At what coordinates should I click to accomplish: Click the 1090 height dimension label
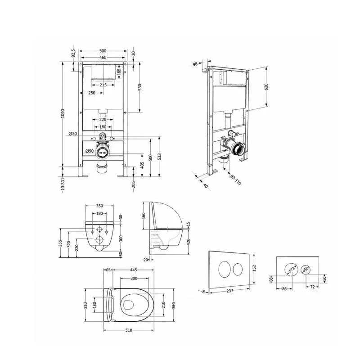(63, 113)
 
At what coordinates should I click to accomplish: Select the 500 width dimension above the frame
(103, 51)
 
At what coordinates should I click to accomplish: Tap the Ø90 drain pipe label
(89, 151)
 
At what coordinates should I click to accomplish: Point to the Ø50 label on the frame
(73, 134)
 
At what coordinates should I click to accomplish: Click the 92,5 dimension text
(73, 53)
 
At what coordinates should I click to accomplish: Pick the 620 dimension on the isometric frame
(266, 87)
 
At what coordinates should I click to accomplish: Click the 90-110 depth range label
(236, 180)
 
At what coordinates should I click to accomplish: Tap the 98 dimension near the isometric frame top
(195, 64)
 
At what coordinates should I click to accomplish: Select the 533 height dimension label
(159, 157)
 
